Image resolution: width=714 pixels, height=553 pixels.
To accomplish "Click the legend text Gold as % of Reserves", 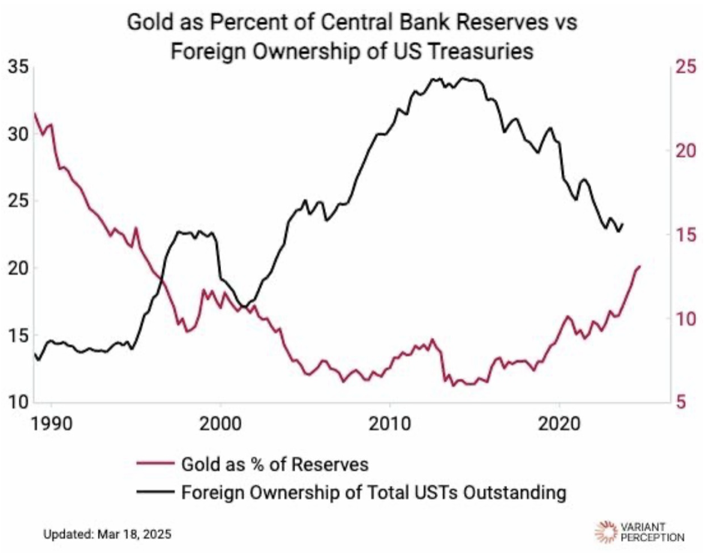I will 274,464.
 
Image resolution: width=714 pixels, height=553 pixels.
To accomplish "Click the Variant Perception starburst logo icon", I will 605,531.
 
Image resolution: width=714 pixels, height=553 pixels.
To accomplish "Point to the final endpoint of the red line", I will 640,266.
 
